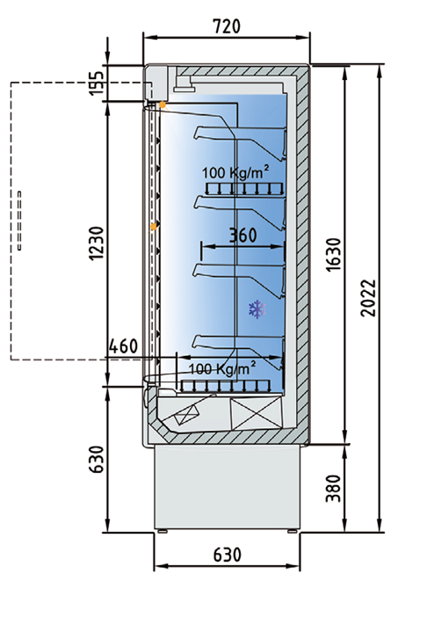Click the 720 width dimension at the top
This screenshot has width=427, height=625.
click(227, 26)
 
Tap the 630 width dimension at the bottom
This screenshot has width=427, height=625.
click(227, 555)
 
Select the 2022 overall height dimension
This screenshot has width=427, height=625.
click(368, 298)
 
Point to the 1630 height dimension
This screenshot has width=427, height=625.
click(333, 254)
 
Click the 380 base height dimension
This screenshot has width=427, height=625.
click(333, 488)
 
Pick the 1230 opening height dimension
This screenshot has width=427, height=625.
click(97, 243)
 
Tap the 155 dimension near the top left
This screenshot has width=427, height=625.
click(97, 84)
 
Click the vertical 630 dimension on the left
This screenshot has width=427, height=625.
click(96, 459)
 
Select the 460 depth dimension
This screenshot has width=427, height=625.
click(123, 346)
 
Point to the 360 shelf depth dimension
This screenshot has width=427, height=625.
click(243, 236)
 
